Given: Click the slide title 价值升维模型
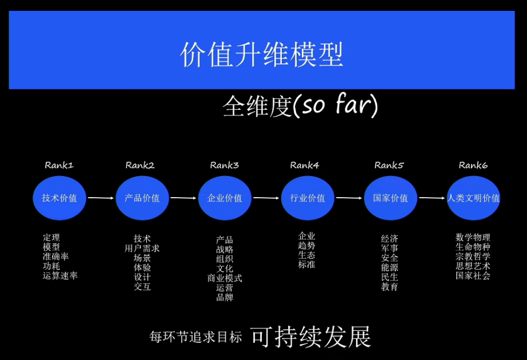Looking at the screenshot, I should (262, 54).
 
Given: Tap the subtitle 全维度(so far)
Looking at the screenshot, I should (300, 106).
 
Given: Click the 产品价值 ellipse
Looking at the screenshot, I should (142, 198).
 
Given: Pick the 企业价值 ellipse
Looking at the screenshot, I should (225, 198).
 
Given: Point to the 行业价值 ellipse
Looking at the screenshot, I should (308, 198).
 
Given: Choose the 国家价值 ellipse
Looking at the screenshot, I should (390, 198).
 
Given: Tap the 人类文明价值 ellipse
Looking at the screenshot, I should (473, 198).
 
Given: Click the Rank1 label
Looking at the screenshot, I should (59, 165).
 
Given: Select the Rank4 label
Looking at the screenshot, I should (304, 165).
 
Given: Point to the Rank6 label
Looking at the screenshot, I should (473, 165).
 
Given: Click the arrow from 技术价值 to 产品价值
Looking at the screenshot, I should (101, 198).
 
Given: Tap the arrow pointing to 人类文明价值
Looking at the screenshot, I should (432, 198).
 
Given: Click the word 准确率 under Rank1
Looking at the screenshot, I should (55, 257).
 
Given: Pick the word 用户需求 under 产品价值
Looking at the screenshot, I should (142, 248).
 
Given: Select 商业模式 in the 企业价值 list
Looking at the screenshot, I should (225, 278).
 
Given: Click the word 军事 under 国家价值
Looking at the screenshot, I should (390, 248).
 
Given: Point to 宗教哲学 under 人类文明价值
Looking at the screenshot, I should (473, 257).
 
